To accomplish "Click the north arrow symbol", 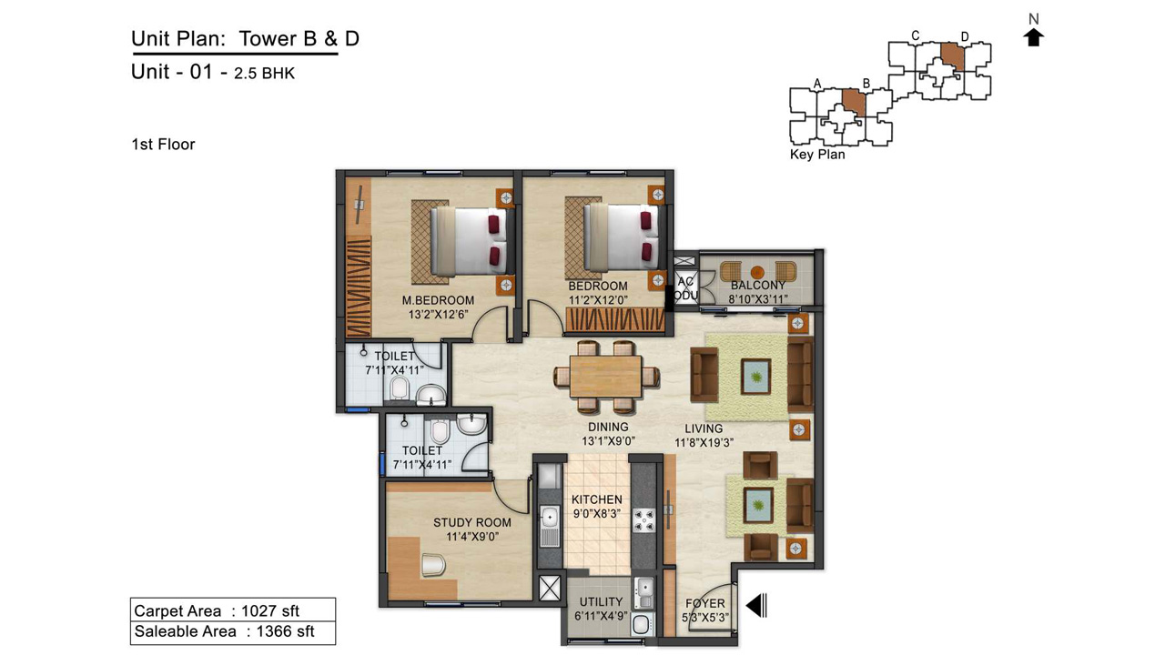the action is [1033, 38].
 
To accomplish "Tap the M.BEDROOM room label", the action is [438, 300].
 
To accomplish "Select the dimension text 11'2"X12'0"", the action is [598, 300].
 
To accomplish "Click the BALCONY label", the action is [758, 286].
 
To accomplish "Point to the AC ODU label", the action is [686, 288].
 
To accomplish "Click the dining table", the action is [606, 377].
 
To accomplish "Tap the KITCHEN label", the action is [596, 499].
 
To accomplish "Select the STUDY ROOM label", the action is [472, 522].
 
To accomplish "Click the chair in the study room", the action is [433, 565].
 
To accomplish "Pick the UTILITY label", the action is [601, 602].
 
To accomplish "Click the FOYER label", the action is [704, 603].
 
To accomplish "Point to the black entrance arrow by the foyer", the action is [756, 606].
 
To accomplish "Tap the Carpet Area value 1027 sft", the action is [270, 610].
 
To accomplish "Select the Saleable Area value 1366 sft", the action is [286, 631].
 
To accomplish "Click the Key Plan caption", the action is [817, 155].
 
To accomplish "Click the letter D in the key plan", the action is [965, 37].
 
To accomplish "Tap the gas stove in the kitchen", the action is [643, 520].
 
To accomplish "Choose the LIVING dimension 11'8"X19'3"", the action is [704, 442].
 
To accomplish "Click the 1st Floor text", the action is [163, 145].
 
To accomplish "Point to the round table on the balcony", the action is [758, 271].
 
